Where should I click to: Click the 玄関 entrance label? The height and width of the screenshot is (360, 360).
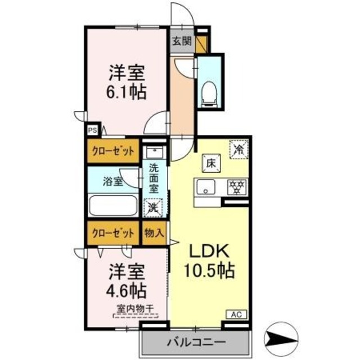coord(182,41)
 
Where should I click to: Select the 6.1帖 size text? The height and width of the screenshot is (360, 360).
coord(127,91)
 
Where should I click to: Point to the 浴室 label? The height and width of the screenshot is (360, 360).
coord(112,181)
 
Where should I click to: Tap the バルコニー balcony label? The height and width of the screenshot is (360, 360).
coord(195,342)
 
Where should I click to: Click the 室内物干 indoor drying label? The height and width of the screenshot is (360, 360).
coord(135,308)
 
